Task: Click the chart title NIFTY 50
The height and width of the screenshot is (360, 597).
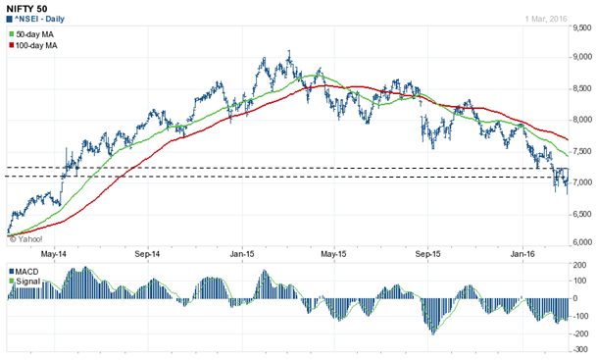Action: click(x=28, y=9)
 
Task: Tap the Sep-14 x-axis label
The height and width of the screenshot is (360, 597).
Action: click(x=147, y=252)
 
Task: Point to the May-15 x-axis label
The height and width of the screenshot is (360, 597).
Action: click(x=335, y=252)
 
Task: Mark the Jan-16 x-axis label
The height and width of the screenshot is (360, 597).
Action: click(x=522, y=252)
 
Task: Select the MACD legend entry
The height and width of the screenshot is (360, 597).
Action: click(x=28, y=271)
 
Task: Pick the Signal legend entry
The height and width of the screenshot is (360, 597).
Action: click(x=28, y=282)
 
